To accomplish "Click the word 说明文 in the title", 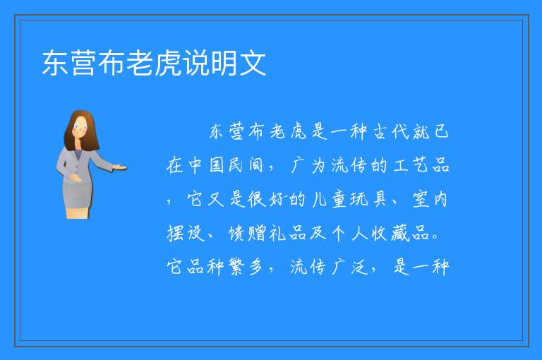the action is tap(224, 63).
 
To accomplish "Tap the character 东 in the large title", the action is tap(55, 63).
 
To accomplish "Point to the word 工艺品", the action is tap(421, 165).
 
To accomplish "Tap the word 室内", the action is tap(430, 200).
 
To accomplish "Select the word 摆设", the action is tap(186, 233).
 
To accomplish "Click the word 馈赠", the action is tap(247, 233).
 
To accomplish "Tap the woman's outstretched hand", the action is tap(120, 168).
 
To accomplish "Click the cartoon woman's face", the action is tap(81, 127).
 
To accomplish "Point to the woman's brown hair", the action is tap(81, 130).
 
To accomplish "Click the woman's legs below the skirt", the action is tap(78, 212).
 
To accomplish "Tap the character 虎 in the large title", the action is tap(168, 63).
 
